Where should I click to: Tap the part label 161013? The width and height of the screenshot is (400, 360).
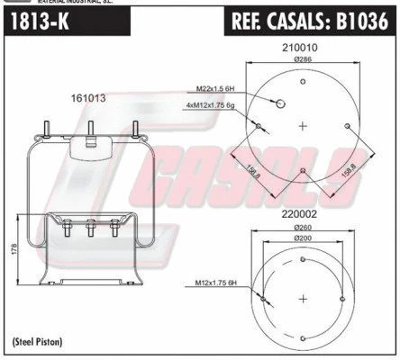(x=86, y=98)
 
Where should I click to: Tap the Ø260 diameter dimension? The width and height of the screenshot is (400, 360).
(x=301, y=227)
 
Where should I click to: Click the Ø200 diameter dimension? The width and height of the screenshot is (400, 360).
(x=301, y=239)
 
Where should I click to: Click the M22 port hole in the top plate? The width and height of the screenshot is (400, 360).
(x=281, y=103)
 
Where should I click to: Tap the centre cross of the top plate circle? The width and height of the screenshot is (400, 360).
(x=302, y=126)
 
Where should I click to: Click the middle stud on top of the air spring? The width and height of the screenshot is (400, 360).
(x=90, y=129)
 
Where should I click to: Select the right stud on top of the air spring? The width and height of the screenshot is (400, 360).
(x=134, y=129)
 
